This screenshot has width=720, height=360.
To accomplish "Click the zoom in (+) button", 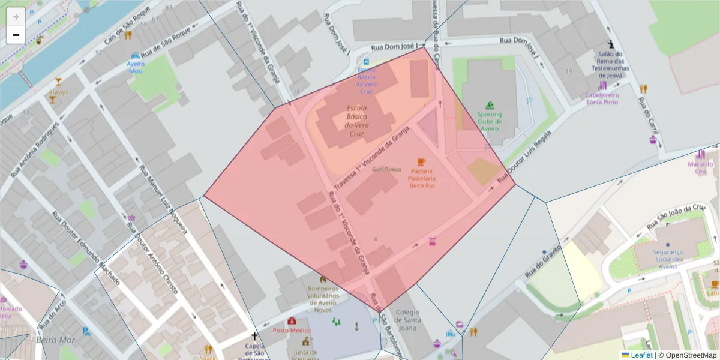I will pyautogui.click(x=16, y=16).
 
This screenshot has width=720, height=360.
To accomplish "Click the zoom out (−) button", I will pyautogui.click(x=16, y=35).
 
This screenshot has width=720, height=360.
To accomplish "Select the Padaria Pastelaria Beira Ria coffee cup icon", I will pyautogui.click(x=421, y=162).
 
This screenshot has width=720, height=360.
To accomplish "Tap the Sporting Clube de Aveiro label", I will pyautogui.click(x=490, y=121).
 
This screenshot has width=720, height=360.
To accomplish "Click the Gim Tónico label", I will pyautogui.click(x=386, y=170).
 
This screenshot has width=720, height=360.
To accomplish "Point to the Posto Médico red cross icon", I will pyautogui.click(x=292, y=321).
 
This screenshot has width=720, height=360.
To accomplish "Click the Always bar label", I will pyautogui.click(x=58, y=92).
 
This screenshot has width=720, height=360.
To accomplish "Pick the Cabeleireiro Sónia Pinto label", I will pyautogui.click(x=602, y=98).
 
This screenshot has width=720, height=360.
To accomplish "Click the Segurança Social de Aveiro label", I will pyautogui.click(x=668, y=259).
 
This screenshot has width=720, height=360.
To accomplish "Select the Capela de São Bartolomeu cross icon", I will pyautogui.click(x=254, y=337).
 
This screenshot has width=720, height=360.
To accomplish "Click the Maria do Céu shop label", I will pyautogui.click(x=700, y=168).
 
